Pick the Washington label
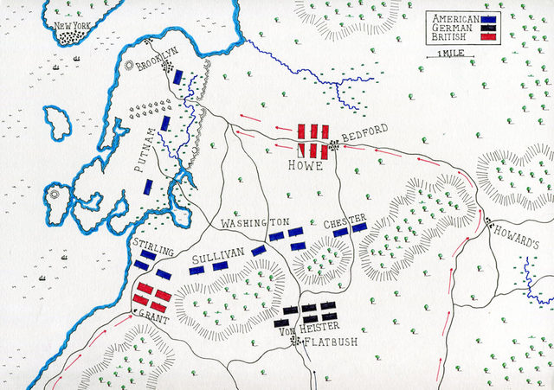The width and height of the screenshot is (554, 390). click(x=254, y=222)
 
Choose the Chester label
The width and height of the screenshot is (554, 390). click(x=345, y=219)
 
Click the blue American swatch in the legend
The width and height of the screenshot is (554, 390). click(x=490, y=17)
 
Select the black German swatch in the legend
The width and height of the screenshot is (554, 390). click(x=490, y=28)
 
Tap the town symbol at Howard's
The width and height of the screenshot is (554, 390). click(x=490, y=222)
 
